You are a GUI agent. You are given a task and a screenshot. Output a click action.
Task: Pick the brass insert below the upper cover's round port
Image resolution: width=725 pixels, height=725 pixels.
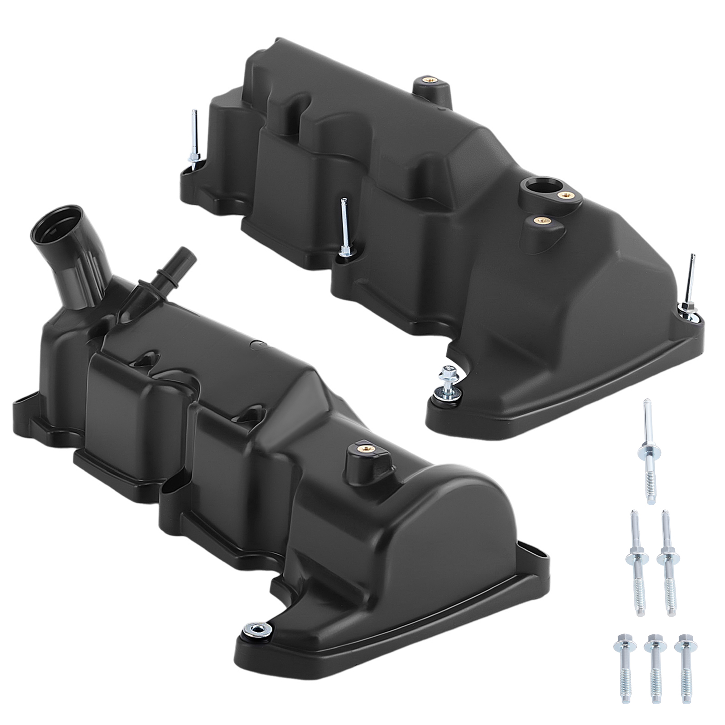(539, 221)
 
